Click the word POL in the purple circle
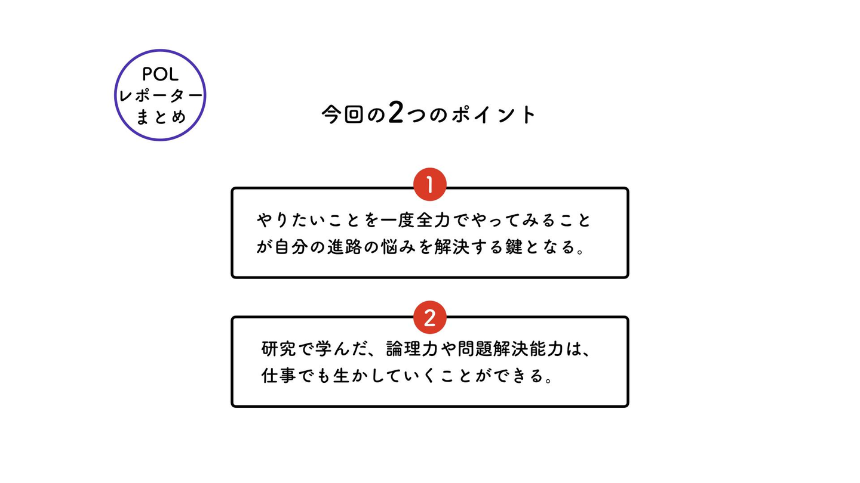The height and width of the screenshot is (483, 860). tap(160, 75)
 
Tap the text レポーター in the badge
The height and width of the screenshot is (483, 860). tap(160, 95)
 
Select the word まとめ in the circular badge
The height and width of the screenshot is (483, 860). tap(160, 116)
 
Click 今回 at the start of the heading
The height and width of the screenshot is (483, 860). tap(342, 114)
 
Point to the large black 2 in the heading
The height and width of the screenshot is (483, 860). tap(396, 113)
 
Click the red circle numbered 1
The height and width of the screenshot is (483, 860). tap(429, 184)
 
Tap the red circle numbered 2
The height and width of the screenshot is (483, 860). tap(429, 317)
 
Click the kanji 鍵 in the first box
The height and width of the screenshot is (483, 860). tap(514, 247)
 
